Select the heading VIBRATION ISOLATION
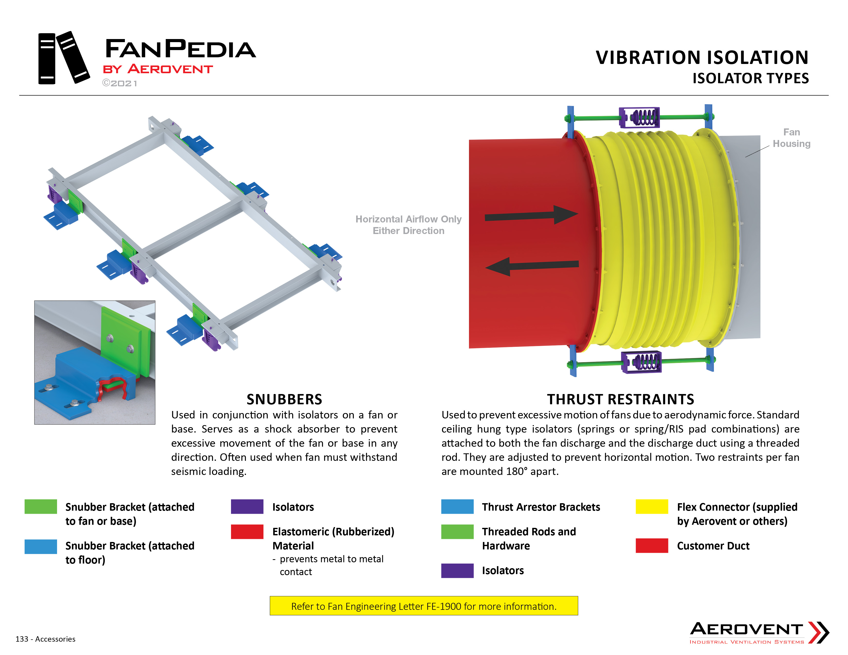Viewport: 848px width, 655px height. (x=702, y=58)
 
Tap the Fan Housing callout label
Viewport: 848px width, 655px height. (x=791, y=138)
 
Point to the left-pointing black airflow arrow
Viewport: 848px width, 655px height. (x=532, y=266)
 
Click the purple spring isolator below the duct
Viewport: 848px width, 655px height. (x=641, y=362)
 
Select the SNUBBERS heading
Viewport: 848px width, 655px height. (x=284, y=399)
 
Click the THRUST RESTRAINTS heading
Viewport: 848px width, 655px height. (x=621, y=399)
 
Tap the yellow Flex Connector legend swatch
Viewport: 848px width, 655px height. (x=651, y=506)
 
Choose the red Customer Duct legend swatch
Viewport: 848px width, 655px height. (x=651, y=545)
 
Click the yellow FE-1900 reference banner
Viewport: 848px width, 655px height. (x=423, y=606)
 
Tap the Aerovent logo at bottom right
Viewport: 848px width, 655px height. (x=759, y=632)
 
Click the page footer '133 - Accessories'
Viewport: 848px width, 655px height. (x=45, y=639)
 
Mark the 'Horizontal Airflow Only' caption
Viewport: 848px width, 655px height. (x=409, y=219)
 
